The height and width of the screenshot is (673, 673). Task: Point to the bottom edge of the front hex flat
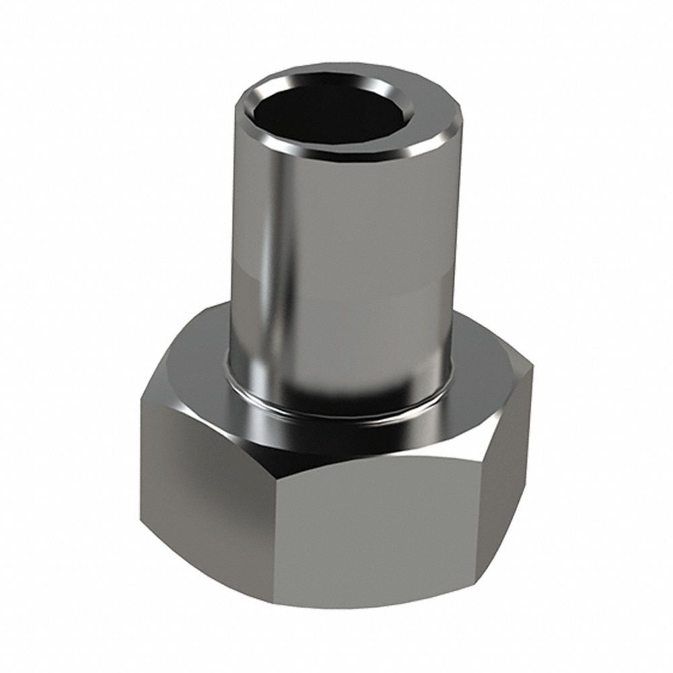377,609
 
